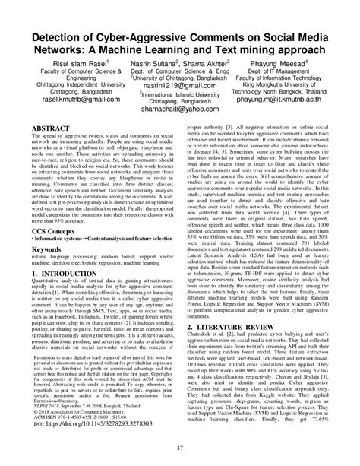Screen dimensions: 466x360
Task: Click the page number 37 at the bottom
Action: point(179,456)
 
